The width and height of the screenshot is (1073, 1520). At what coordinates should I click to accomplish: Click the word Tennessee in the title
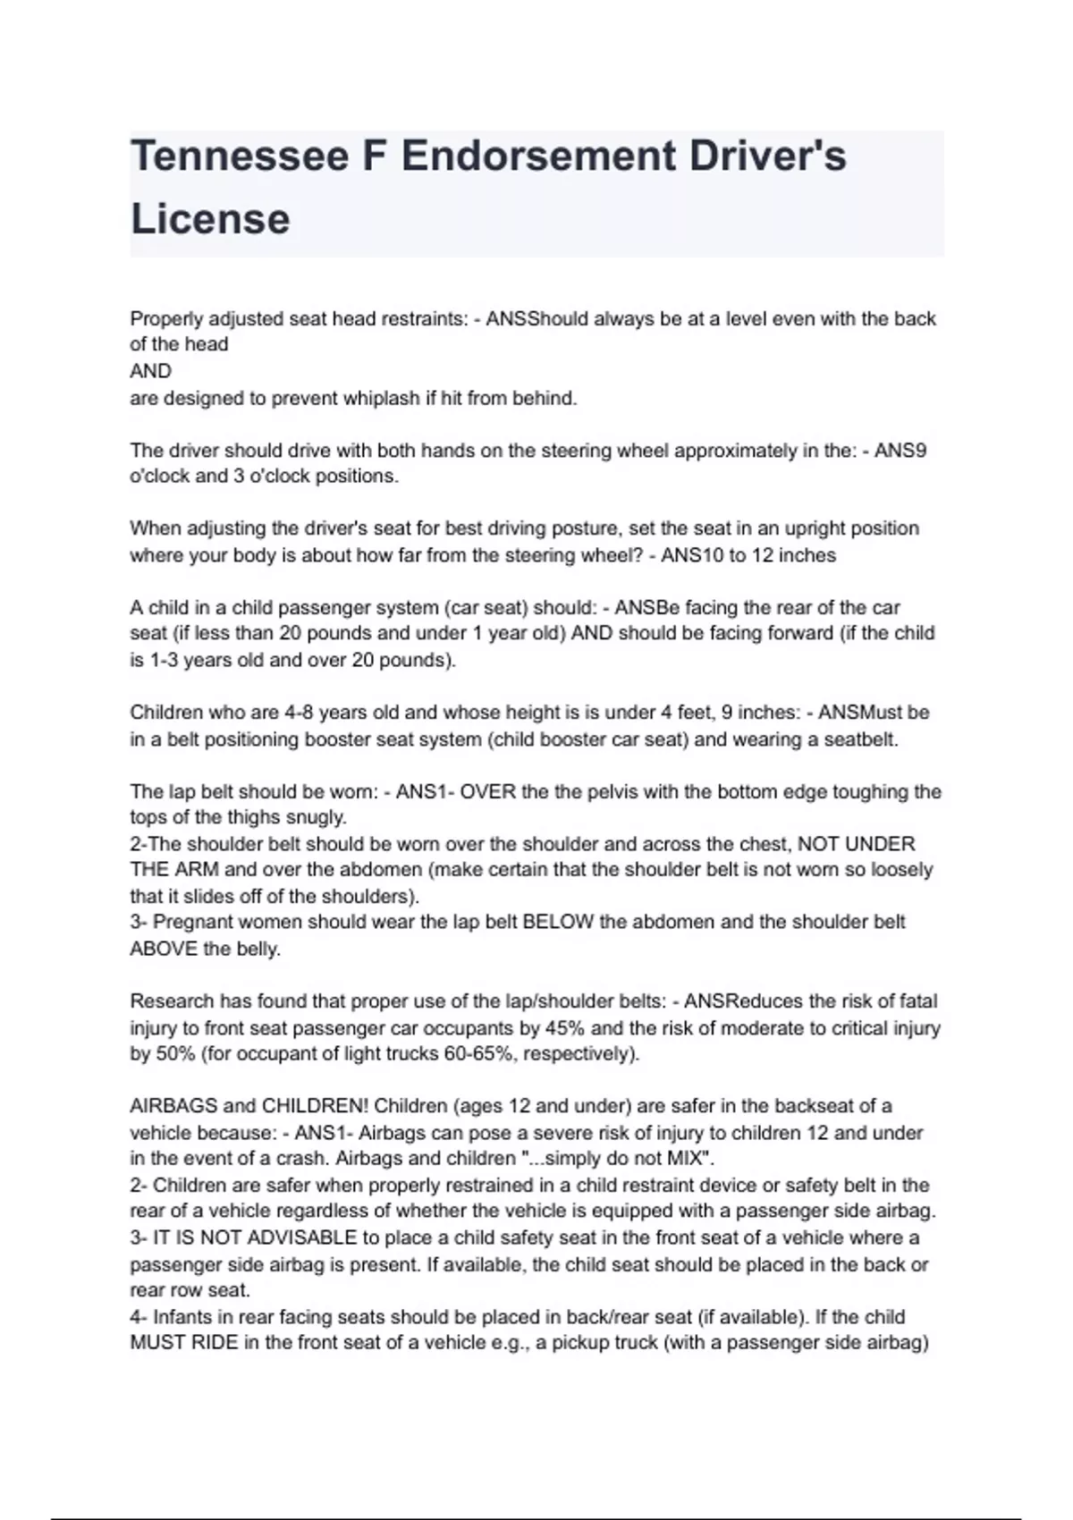click(240, 156)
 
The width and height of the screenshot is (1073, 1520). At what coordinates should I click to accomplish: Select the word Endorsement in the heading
click(538, 156)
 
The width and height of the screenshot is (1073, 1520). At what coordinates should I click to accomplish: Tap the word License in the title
click(210, 219)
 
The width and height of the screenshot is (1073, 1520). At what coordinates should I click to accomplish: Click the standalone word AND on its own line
click(150, 371)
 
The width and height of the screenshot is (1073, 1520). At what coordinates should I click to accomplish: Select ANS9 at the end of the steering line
click(900, 451)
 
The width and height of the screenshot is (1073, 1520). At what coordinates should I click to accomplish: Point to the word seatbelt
click(858, 740)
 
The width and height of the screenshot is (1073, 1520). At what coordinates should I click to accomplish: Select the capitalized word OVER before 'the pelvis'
click(488, 792)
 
